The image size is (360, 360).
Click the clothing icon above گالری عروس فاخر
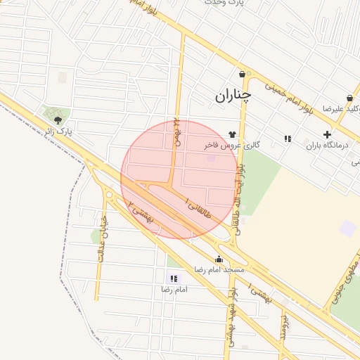pyautogui.click(x=232, y=134)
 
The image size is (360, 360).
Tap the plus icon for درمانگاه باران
pyautogui.click(x=327, y=134)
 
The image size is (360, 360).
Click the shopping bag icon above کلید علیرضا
pyautogui.click(x=349, y=98)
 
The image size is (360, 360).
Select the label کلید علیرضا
pyautogui.click(x=342, y=109)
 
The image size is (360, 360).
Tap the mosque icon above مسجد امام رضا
pyautogui.click(x=219, y=259)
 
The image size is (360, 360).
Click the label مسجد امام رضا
pyautogui.click(x=219, y=270)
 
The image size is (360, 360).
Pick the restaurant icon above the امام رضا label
pyautogui.click(x=174, y=279)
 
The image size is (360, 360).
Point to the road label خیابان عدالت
pyautogui.click(x=103, y=239)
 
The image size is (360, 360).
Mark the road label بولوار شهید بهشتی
pyautogui.click(x=231, y=320)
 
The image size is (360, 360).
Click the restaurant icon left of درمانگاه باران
pyautogui.click(x=288, y=139)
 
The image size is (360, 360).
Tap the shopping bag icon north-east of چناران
pyautogui.click(x=242, y=74)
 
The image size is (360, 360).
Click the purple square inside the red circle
pyautogui.click(x=211, y=157)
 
